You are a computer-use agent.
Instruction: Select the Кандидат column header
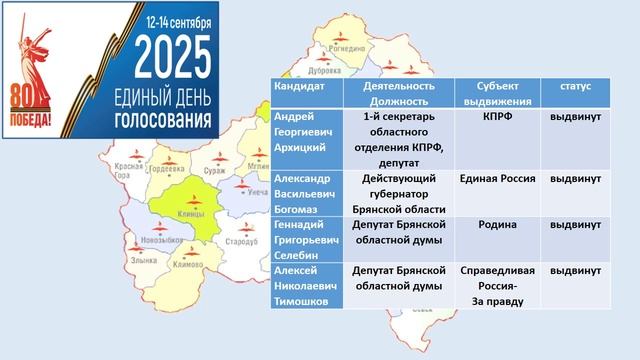click(299, 87)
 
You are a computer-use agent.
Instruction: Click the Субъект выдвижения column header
click(493, 94)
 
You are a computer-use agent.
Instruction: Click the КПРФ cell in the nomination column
click(493, 117)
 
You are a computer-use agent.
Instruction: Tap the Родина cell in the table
click(493, 225)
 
